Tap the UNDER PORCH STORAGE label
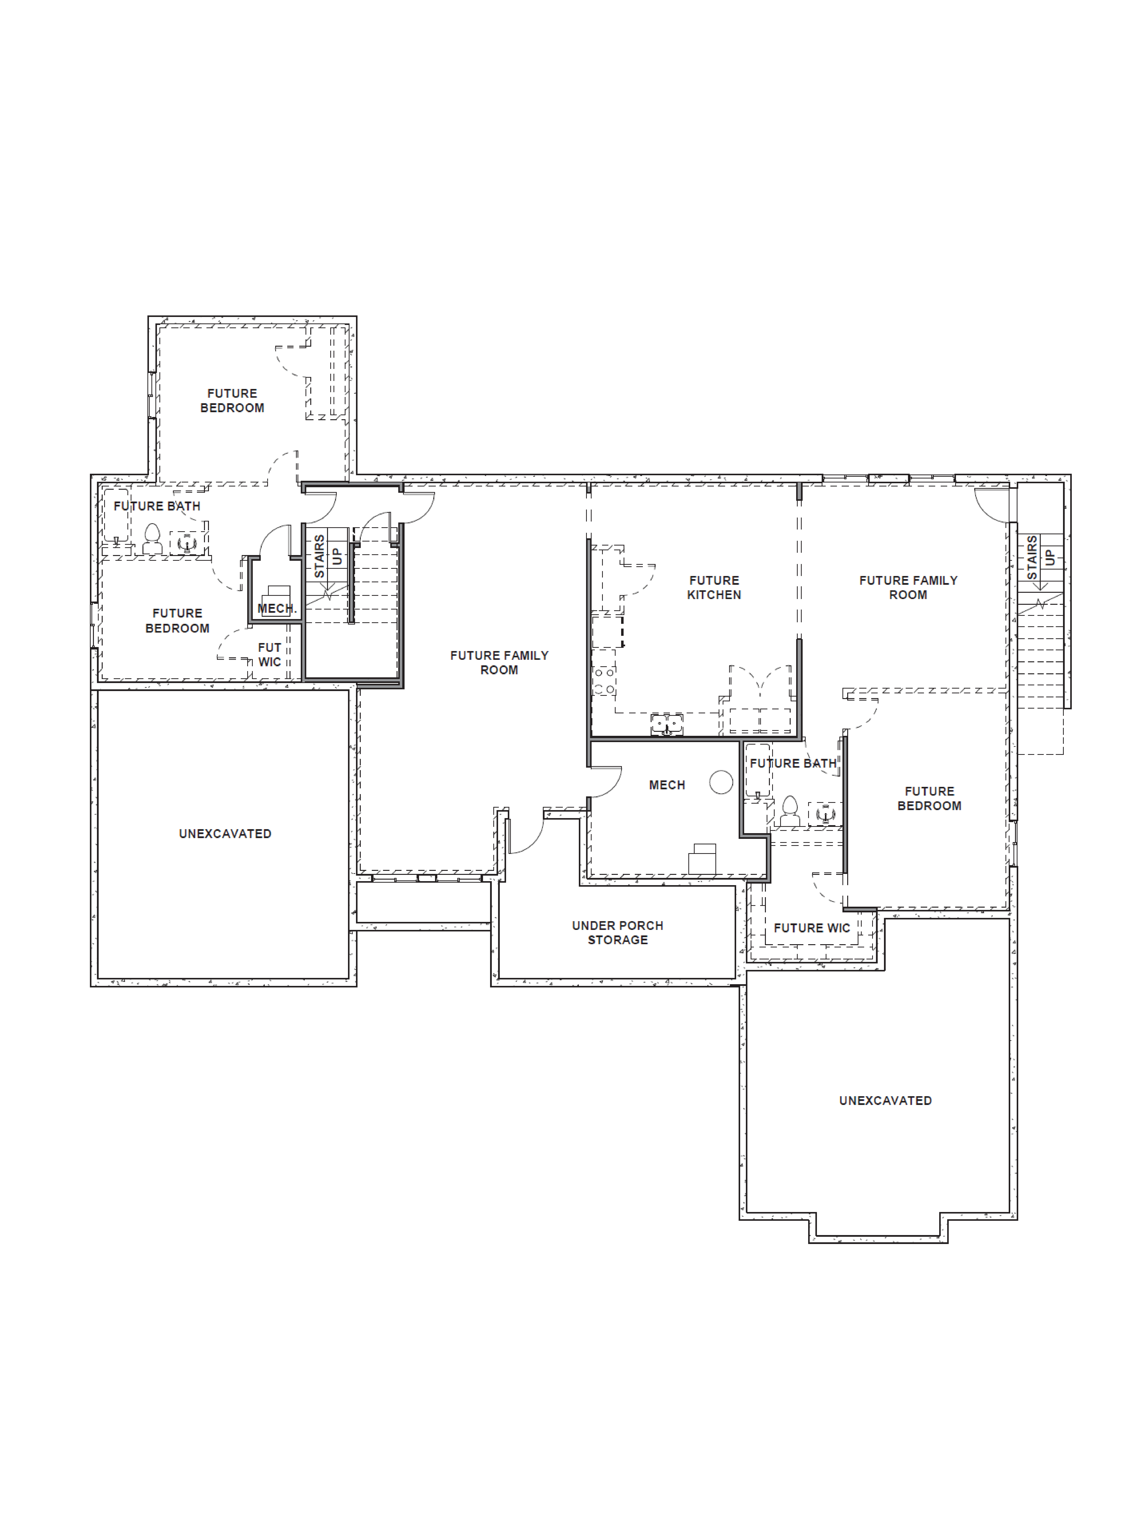coord(617,932)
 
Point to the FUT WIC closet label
coord(269,654)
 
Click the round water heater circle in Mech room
coord(721,782)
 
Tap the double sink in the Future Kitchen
coord(666,724)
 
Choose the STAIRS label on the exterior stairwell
coord(1031,557)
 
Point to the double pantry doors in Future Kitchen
coord(760,682)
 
